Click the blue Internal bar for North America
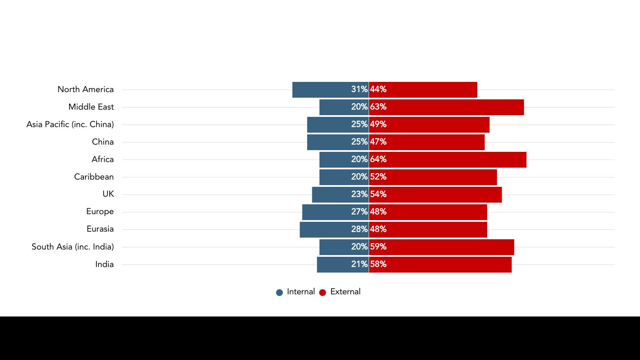[320, 90]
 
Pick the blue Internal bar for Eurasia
[324, 229]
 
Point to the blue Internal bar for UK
[331, 195]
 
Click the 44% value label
[378, 90]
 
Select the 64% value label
[378, 160]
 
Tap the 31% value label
[359, 90]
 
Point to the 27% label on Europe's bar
[359, 212]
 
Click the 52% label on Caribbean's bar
[378, 177]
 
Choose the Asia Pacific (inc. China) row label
[70, 125]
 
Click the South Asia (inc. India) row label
[73, 247]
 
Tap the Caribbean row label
[94, 177]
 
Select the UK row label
[108, 195]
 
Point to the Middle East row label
[91, 107]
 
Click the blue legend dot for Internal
[279, 293]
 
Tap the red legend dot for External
[323, 293]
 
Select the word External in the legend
[345, 292]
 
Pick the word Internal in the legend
[301, 292]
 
